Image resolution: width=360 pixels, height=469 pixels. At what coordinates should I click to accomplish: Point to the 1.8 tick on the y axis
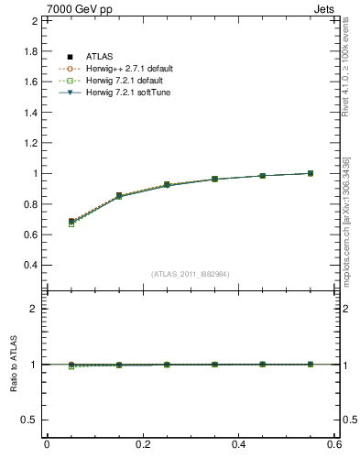[31, 50]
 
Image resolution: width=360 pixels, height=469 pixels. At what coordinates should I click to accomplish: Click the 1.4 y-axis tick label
[31, 112]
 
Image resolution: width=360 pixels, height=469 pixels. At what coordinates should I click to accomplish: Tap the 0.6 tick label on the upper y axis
[31, 234]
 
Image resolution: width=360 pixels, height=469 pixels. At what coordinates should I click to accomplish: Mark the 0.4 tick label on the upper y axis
[31, 265]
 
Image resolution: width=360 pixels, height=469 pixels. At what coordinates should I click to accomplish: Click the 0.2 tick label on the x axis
[143, 445]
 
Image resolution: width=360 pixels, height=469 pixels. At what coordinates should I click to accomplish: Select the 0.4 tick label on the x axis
[239, 445]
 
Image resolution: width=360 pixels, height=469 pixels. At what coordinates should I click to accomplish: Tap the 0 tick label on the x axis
[47, 445]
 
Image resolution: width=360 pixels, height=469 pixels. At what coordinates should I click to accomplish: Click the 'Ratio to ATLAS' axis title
[14, 365]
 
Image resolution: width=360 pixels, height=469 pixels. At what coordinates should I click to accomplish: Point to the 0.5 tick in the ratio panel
[30, 420]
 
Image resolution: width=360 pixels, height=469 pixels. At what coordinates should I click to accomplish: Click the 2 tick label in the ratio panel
[35, 309]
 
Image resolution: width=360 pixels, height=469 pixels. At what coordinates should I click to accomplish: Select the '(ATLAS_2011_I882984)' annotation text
[190, 274]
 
